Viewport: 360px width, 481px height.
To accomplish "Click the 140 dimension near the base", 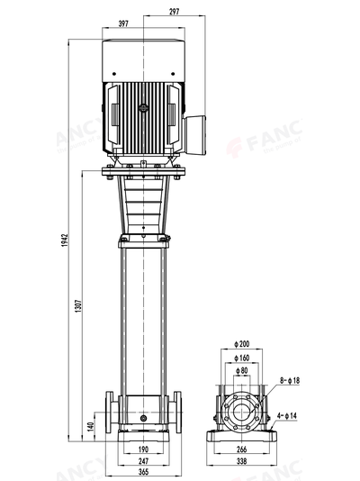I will pyautogui.click(x=90, y=425).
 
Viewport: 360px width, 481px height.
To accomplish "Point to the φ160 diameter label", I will pyautogui.click(x=242, y=357).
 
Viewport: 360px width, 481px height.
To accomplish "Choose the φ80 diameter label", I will pyautogui.click(x=242, y=368).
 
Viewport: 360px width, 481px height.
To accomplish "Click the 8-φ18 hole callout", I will pyautogui.click(x=290, y=381).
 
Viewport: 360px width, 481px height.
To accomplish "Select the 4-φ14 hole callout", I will pyautogui.click(x=290, y=414).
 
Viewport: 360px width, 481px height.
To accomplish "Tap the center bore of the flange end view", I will pyautogui.click(x=241, y=412).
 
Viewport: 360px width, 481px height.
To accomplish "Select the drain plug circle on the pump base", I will pyautogui.click(x=142, y=418).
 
